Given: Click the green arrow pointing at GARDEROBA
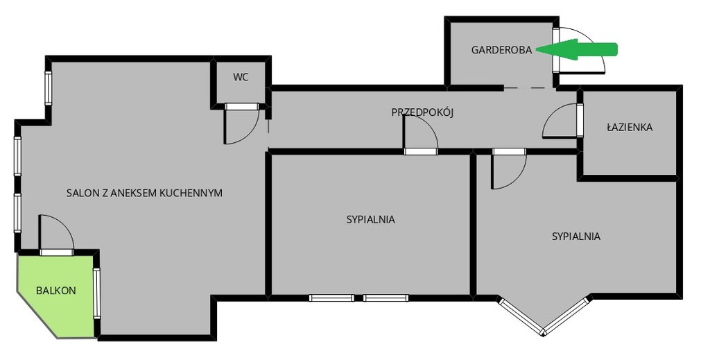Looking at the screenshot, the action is pyautogui.click(x=578, y=49).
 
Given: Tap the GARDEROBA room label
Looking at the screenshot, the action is pyautogui.click(x=502, y=50).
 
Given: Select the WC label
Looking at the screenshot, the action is pyautogui.click(x=241, y=78).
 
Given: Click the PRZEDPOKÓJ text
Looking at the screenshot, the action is pyautogui.click(x=422, y=112).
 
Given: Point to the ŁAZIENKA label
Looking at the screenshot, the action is pyautogui.click(x=630, y=127).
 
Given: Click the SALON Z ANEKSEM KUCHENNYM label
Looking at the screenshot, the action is pyautogui.click(x=144, y=193).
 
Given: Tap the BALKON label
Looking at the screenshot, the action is pyautogui.click(x=56, y=291).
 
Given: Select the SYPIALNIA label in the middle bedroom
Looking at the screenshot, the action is pyautogui.click(x=371, y=220).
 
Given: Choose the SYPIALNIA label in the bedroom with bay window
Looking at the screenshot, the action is pyautogui.click(x=576, y=237).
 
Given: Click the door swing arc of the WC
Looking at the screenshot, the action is pyautogui.click(x=251, y=134).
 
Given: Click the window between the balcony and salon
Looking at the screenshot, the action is pyautogui.click(x=97, y=293).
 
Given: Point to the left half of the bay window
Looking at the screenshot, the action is pyautogui.click(x=521, y=316).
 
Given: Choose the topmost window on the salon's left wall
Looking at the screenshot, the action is pyautogui.click(x=48, y=88).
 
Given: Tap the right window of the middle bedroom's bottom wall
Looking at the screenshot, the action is pyautogui.click(x=386, y=298).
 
